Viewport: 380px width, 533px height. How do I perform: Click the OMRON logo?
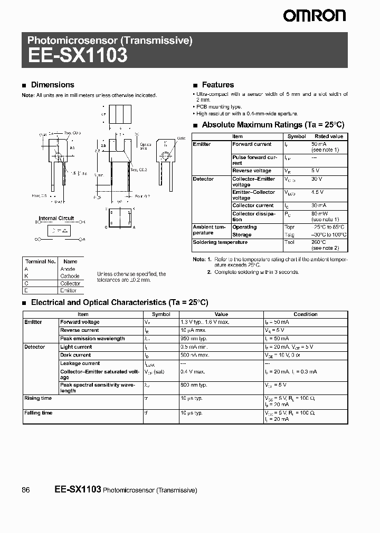coord(314,16)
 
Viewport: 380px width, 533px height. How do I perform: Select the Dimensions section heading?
coord(52,85)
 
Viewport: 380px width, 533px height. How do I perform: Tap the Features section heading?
coord(217,85)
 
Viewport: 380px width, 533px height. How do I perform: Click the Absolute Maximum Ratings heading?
coord(273,125)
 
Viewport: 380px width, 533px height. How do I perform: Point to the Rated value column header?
coord(329,136)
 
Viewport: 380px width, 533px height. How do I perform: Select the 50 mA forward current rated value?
coord(319,144)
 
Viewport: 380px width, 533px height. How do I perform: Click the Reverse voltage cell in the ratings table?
coord(252,171)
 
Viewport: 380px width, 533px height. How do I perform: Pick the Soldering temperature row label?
coord(213,242)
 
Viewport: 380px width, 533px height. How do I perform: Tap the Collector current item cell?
coord(253,205)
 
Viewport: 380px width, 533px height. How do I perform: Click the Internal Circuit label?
coord(56,218)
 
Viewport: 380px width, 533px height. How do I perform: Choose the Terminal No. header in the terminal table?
coord(40,261)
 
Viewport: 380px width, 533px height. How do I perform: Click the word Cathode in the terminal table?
coord(70,276)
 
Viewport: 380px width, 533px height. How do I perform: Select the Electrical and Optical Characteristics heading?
coord(119,303)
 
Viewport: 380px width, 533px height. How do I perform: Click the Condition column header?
coord(305,314)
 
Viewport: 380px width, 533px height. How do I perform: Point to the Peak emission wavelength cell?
coord(92,339)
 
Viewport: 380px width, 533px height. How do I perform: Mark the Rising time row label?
coord(38,399)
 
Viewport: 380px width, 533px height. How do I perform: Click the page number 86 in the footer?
coord(26,490)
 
